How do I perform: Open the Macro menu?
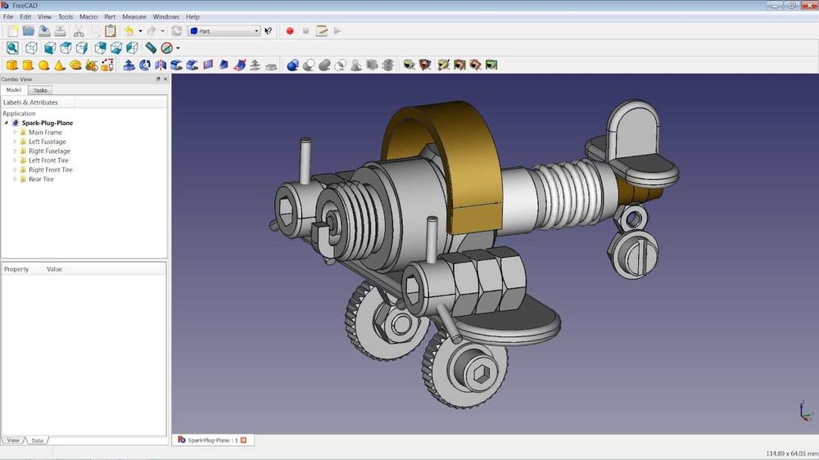click(x=88, y=16)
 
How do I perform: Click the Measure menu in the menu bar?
click(x=134, y=16)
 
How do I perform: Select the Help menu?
click(x=192, y=16)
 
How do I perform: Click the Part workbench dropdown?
click(x=224, y=31)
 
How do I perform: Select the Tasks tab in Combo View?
click(x=40, y=90)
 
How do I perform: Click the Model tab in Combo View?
click(x=14, y=90)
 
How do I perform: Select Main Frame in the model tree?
click(x=45, y=133)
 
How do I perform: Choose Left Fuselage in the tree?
click(x=48, y=142)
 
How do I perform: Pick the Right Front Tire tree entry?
click(x=51, y=170)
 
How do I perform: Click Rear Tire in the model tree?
click(x=41, y=179)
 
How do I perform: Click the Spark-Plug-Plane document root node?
click(x=47, y=123)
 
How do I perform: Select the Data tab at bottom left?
click(x=37, y=440)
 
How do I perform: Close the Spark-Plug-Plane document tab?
click(x=243, y=440)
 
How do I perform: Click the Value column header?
click(x=54, y=269)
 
